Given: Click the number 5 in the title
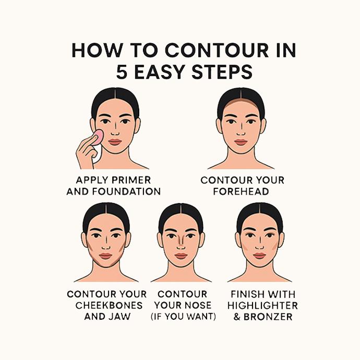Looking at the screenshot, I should [x=122, y=72].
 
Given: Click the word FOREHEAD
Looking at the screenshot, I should [x=242, y=191].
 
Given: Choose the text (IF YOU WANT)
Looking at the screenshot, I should [x=183, y=317].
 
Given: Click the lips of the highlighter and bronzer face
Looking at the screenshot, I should [x=259, y=256].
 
